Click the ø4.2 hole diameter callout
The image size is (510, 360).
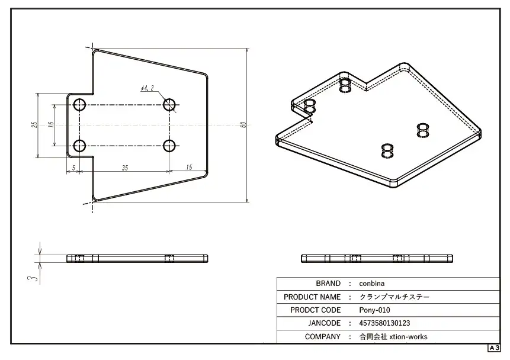[x=147, y=88]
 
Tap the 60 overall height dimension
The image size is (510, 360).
[x=243, y=125]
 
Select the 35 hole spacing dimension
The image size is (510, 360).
[x=125, y=168]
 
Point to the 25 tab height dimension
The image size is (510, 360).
[x=34, y=124]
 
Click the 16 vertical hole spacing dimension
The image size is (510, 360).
[x=51, y=124]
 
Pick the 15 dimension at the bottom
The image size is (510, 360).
[x=190, y=167]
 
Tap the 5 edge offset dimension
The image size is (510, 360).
[x=73, y=168]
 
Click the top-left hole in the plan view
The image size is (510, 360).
[x=79, y=105]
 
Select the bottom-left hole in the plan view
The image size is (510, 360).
[x=79, y=146]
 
